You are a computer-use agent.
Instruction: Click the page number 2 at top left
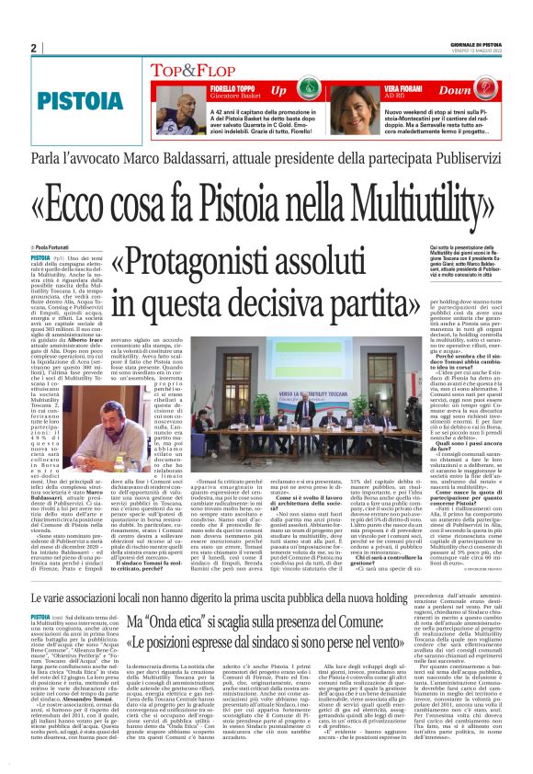33,48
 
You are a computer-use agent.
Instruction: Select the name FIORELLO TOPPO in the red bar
210,86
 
